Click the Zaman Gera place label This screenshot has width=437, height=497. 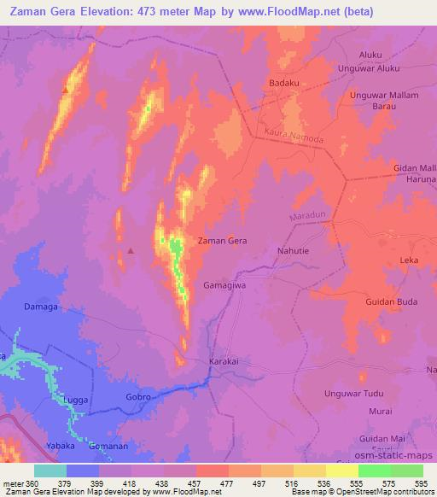point(222,242)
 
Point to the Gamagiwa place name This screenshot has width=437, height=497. point(224,285)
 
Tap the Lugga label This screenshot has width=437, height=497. point(73,399)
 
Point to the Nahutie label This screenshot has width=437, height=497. point(296,251)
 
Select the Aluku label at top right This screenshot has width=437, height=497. point(370,55)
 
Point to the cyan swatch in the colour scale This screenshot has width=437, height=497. point(50,471)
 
